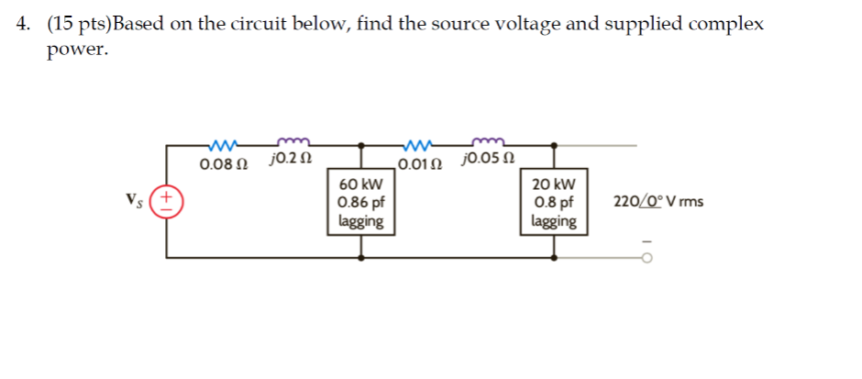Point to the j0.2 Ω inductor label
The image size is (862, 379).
pos(291,161)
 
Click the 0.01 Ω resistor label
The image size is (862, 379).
pos(419,165)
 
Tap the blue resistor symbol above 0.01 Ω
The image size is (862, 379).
pos(418,145)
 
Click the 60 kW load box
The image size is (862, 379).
pos(360,202)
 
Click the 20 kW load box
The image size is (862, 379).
pos(554,202)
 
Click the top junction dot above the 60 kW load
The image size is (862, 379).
pos(360,145)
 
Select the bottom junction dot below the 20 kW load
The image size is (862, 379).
pos(554,258)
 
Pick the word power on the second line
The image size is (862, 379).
pos(77,51)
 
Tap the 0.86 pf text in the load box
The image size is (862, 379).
pos(360,202)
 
